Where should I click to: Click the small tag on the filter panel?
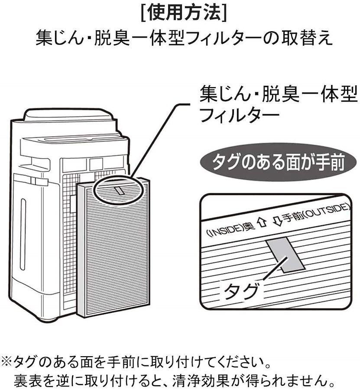pyautogui.click(x=120, y=190)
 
